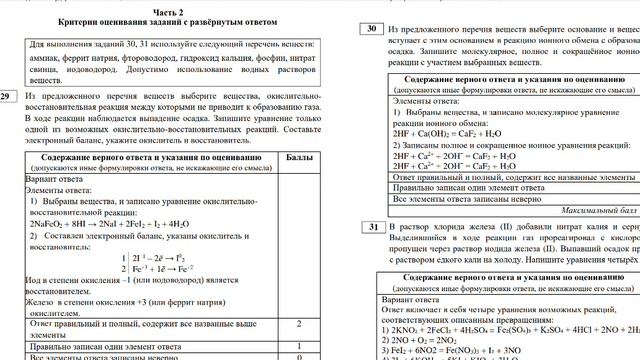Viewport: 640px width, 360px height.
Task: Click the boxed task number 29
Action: tap(7, 96)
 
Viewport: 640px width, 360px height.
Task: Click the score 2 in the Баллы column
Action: tap(300, 325)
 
